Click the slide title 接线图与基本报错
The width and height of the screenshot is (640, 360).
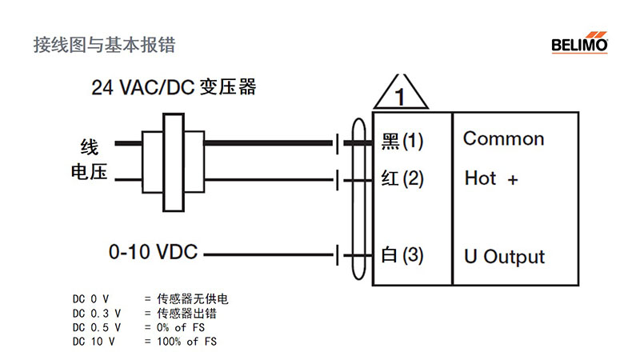click(x=104, y=44)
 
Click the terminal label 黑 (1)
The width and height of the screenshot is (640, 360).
click(x=402, y=142)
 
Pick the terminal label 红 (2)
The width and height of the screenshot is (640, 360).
click(x=402, y=178)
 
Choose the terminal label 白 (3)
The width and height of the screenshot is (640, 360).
click(x=402, y=256)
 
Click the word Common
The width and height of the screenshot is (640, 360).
click(x=503, y=138)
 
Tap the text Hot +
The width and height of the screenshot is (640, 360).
click(x=491, y=178)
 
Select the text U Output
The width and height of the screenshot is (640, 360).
click(x=504, y=257)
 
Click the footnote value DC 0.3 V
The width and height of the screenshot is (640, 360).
click(x=96, y=314)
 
